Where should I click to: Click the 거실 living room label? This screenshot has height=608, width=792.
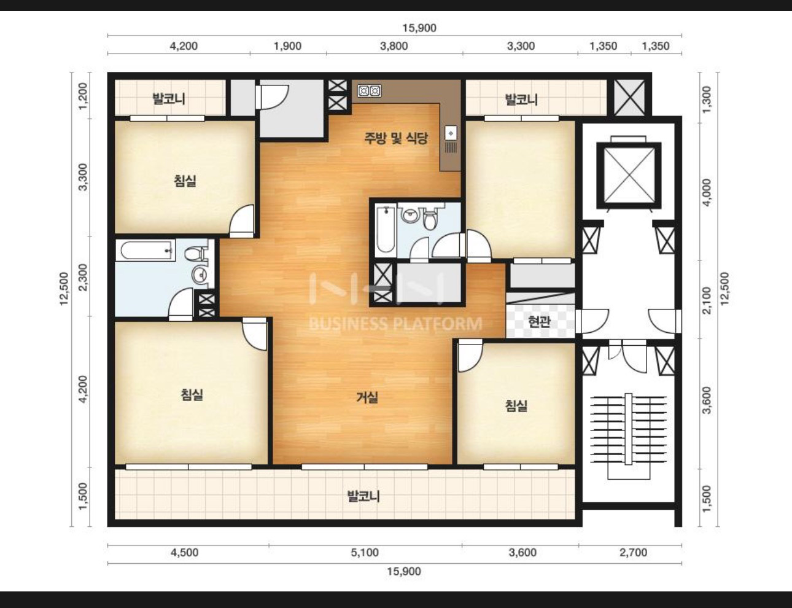click(367, 397)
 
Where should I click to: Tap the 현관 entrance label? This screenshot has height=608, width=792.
click(539, 322)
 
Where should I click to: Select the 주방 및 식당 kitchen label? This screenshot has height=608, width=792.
click(396, 138)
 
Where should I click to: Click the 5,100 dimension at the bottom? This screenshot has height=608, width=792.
click(365, 553)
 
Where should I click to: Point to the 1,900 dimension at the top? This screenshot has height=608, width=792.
click(287, 46)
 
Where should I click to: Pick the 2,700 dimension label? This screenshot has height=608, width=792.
click(634, 553)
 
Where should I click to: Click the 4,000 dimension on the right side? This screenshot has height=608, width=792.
click(706, 192)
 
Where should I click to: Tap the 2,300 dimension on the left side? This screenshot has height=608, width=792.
click(83, 277)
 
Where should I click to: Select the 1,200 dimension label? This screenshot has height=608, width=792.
click(83, 96)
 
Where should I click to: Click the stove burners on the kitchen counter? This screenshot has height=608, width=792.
click(370, 91)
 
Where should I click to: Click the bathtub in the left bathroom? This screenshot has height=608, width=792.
click(146, 250)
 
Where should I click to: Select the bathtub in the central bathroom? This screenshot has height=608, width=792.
click(386, 229)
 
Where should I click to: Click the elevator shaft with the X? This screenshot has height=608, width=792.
click(629, 176)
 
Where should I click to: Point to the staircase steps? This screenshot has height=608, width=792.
click(628, 429)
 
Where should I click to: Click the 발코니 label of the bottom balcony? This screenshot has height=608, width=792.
click(363, 496)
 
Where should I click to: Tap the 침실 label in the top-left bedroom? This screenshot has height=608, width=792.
click(185, 181)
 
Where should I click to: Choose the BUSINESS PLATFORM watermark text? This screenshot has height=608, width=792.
click(396, 324)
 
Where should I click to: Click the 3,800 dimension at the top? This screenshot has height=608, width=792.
click(394, 46)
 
